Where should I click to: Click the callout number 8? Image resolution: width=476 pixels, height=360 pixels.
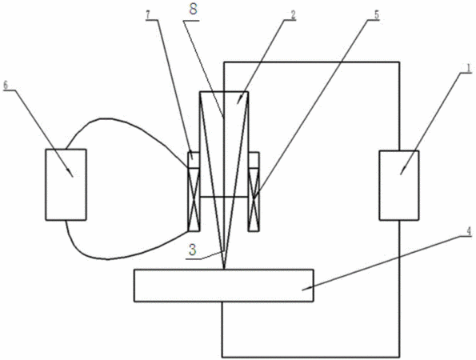pos(193,9)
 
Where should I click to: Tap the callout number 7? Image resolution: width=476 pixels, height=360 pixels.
pos(148,15)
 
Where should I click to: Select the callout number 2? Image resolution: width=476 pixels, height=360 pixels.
pos(293,16)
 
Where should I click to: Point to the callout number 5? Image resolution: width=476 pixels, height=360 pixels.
pos(377,15)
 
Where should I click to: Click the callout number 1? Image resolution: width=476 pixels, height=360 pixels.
pos(469,68)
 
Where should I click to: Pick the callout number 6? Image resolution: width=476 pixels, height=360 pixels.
pos(6,85)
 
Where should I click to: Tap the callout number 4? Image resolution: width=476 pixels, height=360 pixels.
pos(469,232)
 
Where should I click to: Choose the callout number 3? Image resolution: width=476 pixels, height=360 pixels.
pos(193,250)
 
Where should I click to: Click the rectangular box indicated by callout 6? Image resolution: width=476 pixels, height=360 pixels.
pos(66,185)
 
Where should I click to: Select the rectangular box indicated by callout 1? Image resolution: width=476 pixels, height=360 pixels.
pos(399,185)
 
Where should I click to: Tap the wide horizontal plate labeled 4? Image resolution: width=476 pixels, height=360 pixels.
pos(224,286)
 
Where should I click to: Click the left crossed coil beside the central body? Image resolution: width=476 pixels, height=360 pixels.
pos(194,199)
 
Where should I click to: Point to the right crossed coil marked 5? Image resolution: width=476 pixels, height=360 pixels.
pos(254,199)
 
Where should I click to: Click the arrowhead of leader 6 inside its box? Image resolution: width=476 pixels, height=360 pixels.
pos(71,174)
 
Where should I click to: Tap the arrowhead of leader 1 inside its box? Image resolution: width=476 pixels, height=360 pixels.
pos(402,171)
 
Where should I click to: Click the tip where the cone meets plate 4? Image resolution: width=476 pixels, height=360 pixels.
pos(224,269)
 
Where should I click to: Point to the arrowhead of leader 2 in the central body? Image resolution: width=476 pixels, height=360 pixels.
pos(239,100)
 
